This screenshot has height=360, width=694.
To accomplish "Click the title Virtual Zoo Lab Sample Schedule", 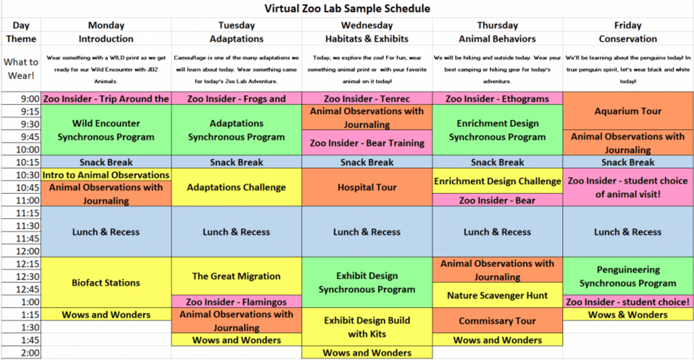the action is (347, 8).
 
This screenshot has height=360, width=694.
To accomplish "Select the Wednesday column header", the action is (367, 25).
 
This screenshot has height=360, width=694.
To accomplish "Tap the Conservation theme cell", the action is (628, 39).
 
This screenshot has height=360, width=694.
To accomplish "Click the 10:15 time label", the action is (27, 162).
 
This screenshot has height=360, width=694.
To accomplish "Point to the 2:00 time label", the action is (30, 353).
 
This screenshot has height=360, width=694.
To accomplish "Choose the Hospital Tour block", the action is (367, 187).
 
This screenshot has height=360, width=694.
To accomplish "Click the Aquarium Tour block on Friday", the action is (628, 111).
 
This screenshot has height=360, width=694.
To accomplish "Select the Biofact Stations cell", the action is (106, 282).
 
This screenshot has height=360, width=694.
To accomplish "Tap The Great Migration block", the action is (236, 276).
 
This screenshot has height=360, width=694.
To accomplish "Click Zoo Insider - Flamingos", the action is (236, 302).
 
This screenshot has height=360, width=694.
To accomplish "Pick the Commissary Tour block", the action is (497, 320).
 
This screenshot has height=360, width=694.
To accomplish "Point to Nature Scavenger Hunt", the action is (497, 295).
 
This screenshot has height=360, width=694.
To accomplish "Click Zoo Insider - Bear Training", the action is (367, 143).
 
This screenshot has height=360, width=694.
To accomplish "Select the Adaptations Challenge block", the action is (236, 187).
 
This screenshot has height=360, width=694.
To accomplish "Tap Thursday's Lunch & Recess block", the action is (497, 232).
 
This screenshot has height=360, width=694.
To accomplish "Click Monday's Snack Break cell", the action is (106, 162).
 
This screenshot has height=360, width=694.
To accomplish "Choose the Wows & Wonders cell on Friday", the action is (628, 315).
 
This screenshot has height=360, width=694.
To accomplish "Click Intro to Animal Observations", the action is (106, 175).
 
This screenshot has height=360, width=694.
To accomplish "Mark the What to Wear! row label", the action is (21, 68).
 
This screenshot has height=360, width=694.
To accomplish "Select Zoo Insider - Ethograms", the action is (497, 99).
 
